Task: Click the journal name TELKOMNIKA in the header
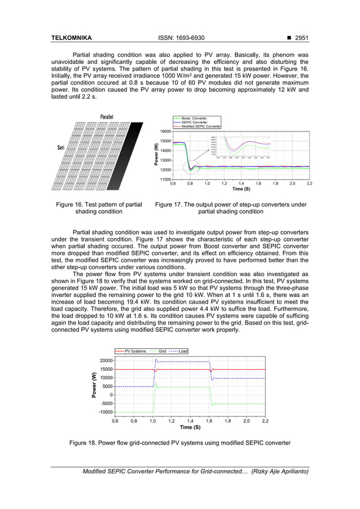[x=71, y=38]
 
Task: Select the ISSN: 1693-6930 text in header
[x=180, y=38]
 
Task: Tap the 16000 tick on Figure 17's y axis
[x=164, y=131]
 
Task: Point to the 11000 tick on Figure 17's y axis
[x=164, y=179]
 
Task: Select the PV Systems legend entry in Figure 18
[x=134, y=351]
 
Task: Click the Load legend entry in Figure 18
[x=183, y=351]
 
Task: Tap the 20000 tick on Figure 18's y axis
[x=105, y=361]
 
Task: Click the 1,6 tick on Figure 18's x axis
[x=209, y=421]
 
